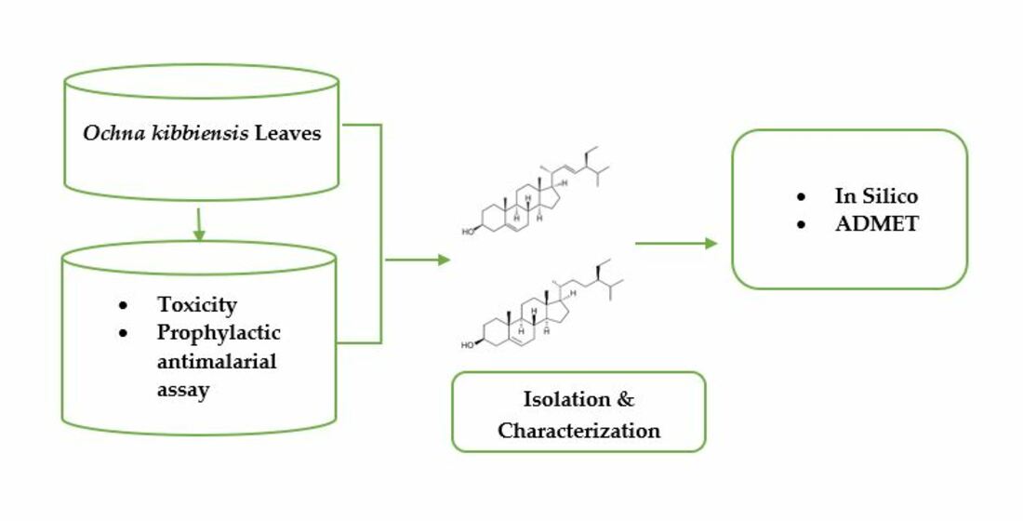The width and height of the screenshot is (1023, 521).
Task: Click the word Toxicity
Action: tap(197, 304)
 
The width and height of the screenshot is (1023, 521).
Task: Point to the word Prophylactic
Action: tap(219, 333)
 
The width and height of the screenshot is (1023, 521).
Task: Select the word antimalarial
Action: tap(217, 361)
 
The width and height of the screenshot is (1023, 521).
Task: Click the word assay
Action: tap(183, 389)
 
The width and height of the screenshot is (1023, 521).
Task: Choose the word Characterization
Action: tap(578, 431)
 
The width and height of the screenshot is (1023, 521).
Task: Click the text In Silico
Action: tap(876, 196)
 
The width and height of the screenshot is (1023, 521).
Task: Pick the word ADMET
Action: tap(876, 223)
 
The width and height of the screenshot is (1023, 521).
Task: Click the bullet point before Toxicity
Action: tap(123, 305)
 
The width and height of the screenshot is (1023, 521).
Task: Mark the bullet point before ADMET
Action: tap(801, 224)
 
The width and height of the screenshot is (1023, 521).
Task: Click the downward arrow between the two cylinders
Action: tap(198, 225)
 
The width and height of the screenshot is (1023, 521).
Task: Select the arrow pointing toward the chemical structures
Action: tap(418, 260)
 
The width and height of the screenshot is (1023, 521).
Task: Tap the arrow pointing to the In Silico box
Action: tap(676, 244)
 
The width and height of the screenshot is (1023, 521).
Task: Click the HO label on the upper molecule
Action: tap(470, 226)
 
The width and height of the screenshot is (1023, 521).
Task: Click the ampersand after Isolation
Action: tap(626, 400)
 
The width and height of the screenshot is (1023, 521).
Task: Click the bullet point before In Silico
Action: tap(801, 197)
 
